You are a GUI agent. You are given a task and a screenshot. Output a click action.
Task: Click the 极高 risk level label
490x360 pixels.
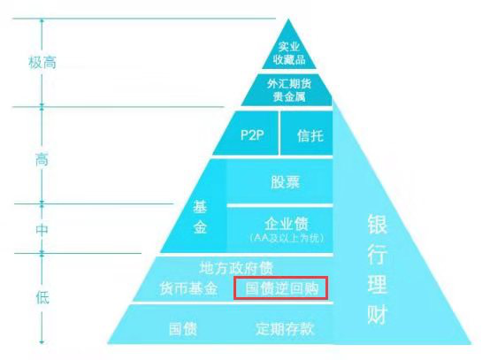[42, 62]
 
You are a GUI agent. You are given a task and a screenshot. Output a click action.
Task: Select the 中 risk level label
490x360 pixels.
[42, 230]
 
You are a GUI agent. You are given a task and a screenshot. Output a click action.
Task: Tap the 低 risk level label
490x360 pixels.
[42, 297]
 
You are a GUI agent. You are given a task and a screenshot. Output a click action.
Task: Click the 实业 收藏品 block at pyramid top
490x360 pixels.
[289, 50]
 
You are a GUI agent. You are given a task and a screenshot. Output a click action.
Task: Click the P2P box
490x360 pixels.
[247, 134]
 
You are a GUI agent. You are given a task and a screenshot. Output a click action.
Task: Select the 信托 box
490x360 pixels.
[307, 134]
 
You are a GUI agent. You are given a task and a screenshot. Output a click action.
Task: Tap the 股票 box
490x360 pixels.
[279, 181]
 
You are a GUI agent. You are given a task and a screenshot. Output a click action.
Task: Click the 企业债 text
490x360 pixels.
[287, 224]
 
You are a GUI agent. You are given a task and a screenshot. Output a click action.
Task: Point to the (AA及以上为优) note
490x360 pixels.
[287, 238]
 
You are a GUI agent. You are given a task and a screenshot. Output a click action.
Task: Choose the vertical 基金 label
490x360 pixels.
[200, 218]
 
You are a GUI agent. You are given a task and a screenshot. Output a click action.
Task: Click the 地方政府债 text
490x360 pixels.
[236, 268]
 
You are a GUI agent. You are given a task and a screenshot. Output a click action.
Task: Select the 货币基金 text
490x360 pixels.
[188, 288]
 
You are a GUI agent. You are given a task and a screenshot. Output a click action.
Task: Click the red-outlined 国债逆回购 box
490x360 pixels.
[281, 287]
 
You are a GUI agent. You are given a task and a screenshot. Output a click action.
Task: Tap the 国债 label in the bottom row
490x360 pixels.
[183, 329]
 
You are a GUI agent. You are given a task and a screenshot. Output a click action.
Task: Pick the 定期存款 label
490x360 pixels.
[285, 329]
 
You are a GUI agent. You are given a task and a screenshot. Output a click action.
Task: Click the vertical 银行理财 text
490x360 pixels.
[377, 270]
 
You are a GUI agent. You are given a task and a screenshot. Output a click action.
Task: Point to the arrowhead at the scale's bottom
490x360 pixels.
[42, 342]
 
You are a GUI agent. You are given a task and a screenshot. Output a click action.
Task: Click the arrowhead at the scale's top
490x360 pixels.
[42, 20]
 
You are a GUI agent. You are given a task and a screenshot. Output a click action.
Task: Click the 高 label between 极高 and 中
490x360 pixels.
[42, 159]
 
